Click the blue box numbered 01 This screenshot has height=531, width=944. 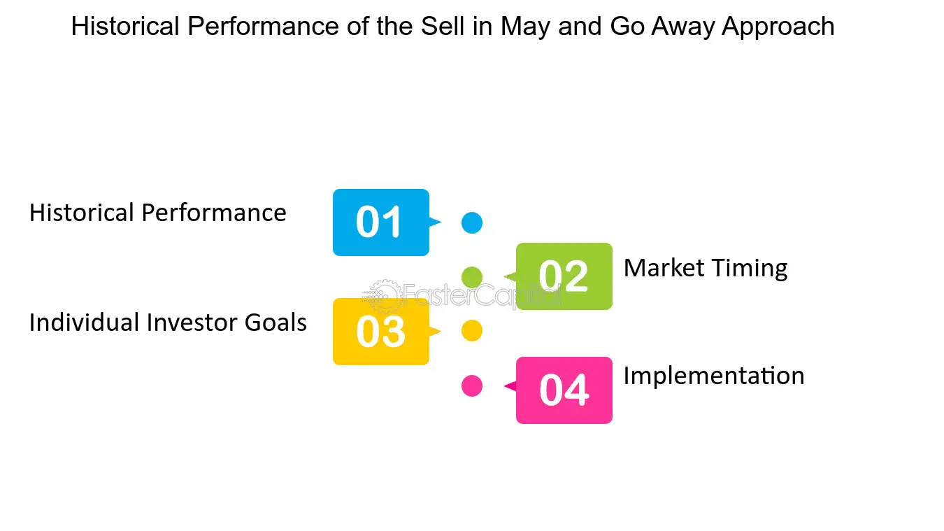[381, 222]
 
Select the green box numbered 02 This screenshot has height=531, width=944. [564, 276]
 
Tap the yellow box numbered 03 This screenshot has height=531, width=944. [381, 332]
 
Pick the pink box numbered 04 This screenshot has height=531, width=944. [564, 390]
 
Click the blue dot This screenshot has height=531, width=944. [472, 222]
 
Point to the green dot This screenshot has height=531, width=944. [472, 277]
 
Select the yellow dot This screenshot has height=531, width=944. [472, 330]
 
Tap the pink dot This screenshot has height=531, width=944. [472, 385]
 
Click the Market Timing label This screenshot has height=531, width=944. [706, 269]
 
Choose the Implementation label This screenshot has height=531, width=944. [714, 376]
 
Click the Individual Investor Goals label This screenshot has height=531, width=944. [168, 323]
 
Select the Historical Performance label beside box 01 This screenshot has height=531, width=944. [157, 212]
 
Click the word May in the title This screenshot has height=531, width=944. [526, 27]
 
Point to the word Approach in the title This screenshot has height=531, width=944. [778, 27]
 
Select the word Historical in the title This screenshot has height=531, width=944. [125, 26]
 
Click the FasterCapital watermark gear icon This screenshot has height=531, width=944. [381, 296]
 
